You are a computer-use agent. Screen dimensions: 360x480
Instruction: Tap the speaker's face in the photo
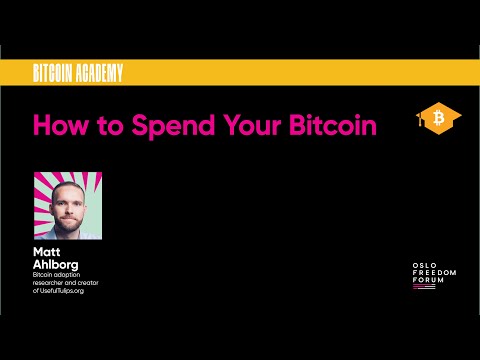tap(69, 198)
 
